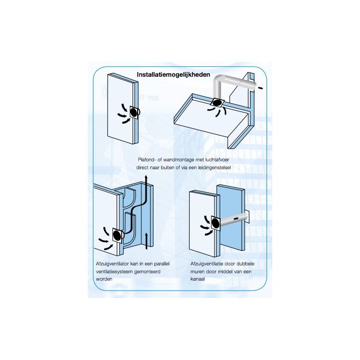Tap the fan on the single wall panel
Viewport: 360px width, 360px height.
click(x=133, y=111)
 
